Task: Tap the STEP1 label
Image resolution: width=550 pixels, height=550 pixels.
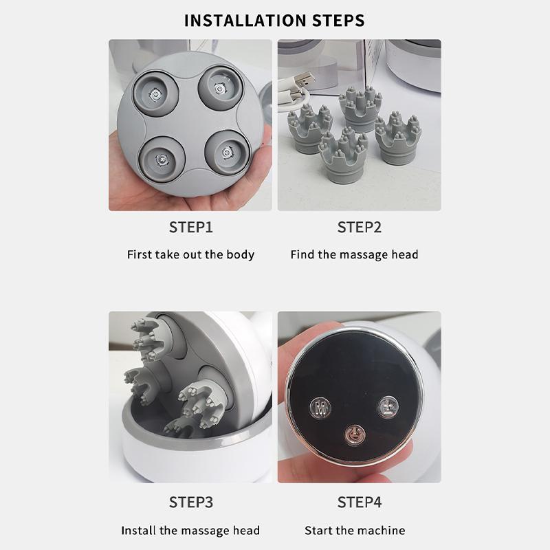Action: (x=191, y=228)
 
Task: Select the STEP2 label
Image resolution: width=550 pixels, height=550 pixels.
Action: (x=359, y=228)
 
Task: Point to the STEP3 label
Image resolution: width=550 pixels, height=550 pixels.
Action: (x=191, y=503)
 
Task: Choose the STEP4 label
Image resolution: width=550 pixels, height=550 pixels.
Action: (x=359, y=503)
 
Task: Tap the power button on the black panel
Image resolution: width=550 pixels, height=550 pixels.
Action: (x=355, y=435)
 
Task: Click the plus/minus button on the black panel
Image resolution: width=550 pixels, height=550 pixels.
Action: (x=388, y=407)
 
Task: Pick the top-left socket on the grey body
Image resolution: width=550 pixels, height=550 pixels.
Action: (x=156, y=93)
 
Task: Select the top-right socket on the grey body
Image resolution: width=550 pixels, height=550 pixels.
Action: (x=220, y=88)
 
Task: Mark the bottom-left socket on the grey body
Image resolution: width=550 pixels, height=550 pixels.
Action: (x=162, y=159)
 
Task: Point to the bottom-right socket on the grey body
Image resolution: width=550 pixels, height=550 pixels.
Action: (x=227, y=153)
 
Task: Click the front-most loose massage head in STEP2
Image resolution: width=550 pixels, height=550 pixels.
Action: (x=342, y=155)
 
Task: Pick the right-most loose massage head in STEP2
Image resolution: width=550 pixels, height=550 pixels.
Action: (x=398, y=138)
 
